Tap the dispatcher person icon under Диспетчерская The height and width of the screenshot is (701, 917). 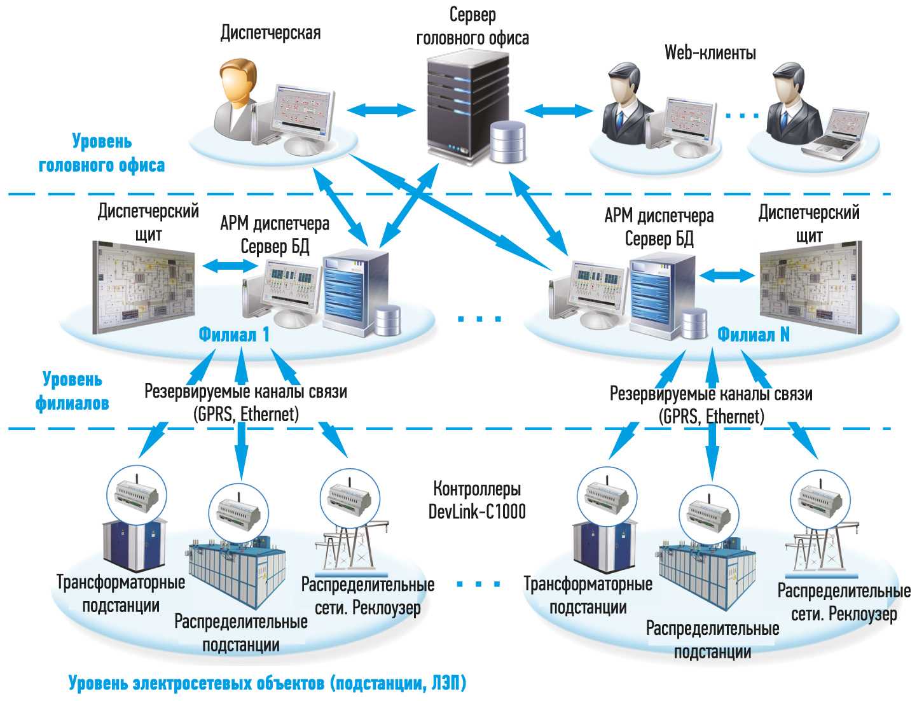click(238, 95)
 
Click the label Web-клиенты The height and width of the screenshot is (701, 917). click(710, 52)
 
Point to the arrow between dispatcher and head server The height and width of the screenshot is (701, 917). click(381, 109)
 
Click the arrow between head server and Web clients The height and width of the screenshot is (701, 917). click(558, 110)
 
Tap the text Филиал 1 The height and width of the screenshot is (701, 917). click(234, 335)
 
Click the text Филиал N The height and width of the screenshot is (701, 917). click(754, 335)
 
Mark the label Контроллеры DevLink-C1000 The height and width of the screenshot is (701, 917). click(477, 500)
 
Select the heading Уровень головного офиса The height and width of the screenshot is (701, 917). click(102, 153)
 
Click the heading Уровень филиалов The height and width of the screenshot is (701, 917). click(72, 391)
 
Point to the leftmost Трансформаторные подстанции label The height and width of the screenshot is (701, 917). click(121, 593)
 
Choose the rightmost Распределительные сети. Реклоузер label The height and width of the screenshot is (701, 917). click(844, 602)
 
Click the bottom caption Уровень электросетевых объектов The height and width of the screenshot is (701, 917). click(267, 684)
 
